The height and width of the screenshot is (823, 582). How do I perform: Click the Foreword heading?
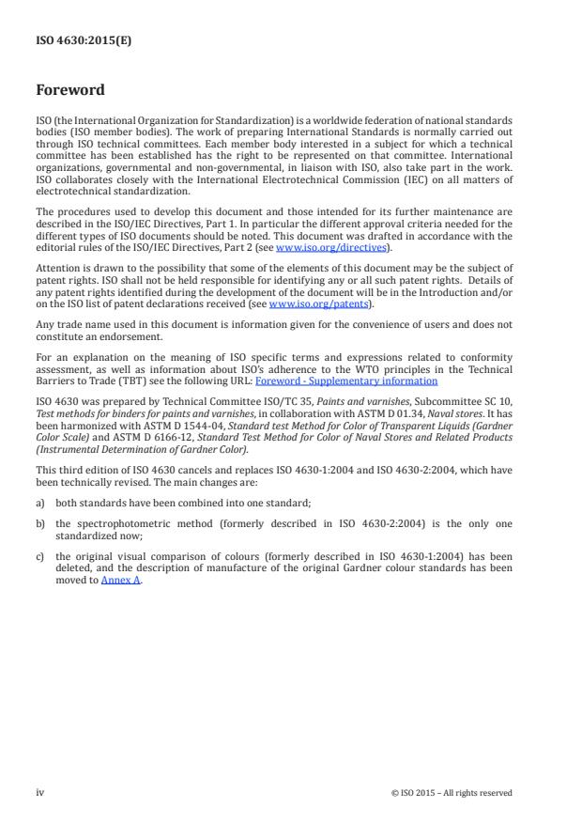click(x=69, y=90)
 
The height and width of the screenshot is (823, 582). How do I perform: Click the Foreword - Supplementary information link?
click(x=345, y=381)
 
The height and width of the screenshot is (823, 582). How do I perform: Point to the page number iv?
click(x=39, y=793)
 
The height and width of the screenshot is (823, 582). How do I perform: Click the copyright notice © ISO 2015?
click(x=451, y=793)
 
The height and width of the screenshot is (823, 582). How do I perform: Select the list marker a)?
click(x=40, y=503)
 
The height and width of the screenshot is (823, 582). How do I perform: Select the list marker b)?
click(x=40, y=522)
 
